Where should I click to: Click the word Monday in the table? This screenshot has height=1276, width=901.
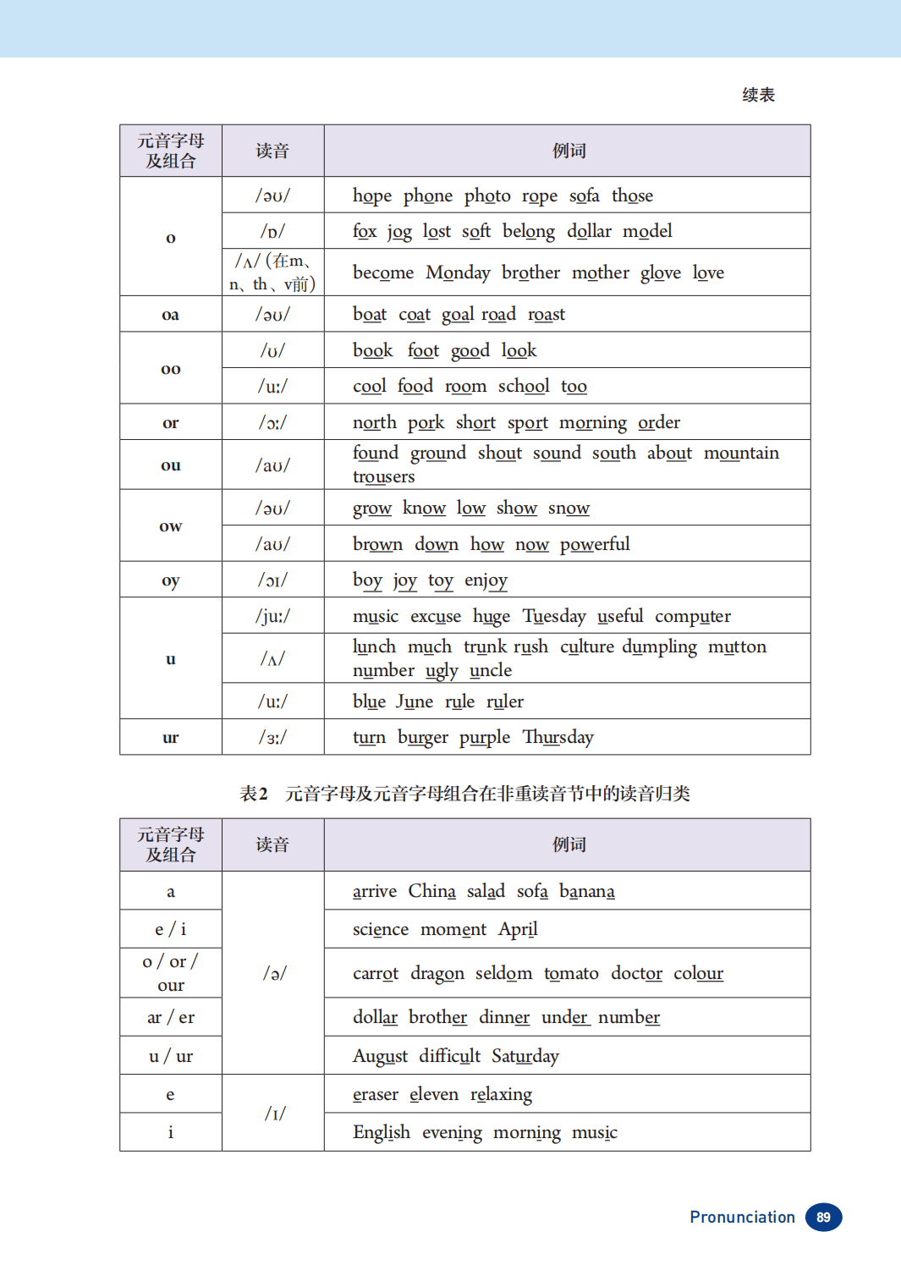coord(458,272)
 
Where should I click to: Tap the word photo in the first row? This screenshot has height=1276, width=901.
coord(487,195)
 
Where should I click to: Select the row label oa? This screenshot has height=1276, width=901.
coord(170,315)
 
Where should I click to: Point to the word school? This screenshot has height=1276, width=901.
coord(524,387)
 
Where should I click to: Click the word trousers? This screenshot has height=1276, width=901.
coord(383,477)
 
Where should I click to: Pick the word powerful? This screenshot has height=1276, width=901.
coord(595,544)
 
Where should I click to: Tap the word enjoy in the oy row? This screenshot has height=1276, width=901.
coord(486,580)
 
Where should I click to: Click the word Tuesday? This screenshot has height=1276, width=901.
coord(554,616)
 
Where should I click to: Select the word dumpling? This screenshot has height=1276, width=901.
coord(659,647)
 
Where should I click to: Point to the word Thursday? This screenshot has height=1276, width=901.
coord(558,737)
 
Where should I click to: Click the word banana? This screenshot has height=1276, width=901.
coord(587,891)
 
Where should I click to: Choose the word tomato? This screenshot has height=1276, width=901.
coord(571,973)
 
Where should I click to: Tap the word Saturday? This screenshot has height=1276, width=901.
coord(525,1056)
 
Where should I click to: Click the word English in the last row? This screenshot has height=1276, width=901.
coord(382,1132)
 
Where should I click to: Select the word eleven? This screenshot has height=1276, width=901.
coord(434,1094)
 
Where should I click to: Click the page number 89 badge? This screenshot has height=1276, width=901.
coord(823,1217)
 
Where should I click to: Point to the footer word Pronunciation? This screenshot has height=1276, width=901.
coord(742,1217)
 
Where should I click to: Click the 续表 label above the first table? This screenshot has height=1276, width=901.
coord(758,95)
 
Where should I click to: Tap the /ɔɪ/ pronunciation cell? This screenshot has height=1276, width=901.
coord(272,580)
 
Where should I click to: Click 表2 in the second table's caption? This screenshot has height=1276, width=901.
coord(254,794)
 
